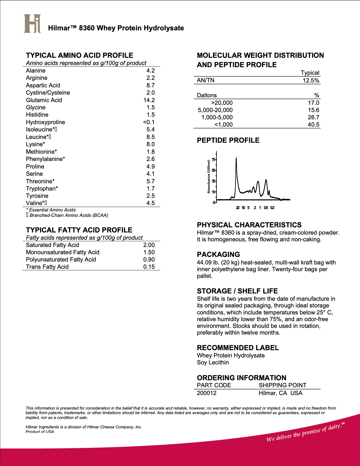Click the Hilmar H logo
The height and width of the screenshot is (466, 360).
(32, 24)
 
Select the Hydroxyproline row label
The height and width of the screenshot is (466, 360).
(45, 122)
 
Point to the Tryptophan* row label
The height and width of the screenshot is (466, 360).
(42, 188)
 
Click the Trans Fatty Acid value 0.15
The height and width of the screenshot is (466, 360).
(149, 267)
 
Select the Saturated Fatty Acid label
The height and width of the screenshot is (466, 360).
(52, 245)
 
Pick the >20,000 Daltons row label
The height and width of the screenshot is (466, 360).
(222, 103)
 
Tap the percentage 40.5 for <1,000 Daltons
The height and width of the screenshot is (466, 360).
(313, 124)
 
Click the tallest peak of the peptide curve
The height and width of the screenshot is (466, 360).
(236, 159)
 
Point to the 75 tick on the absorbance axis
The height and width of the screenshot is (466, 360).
(213, 160)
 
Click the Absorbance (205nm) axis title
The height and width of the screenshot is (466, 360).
(209, 177)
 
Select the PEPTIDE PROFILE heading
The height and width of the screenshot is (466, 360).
(228, 140)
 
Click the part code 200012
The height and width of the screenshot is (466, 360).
(207, 393)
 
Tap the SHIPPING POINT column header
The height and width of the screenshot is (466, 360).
(282, 385)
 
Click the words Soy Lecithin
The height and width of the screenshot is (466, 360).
(213, 362)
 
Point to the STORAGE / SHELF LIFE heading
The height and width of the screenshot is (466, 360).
(237, 291)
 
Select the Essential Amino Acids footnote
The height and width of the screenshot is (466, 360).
(51, 210)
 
